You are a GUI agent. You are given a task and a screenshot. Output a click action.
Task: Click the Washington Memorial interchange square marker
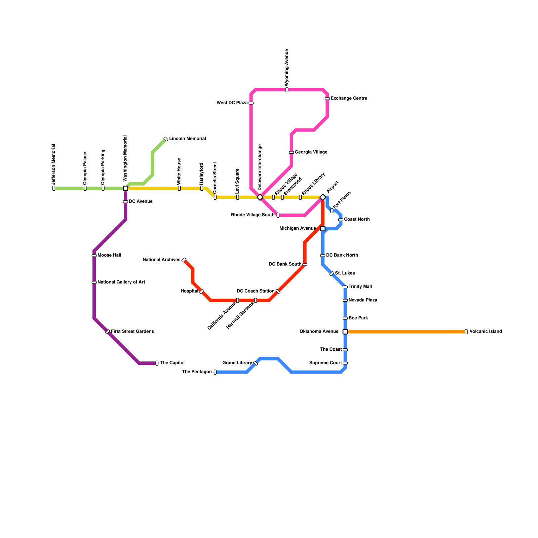[x=125, y=188]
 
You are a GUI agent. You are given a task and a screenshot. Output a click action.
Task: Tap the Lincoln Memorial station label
[x=187, y=139]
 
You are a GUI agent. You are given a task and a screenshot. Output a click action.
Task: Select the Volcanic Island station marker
[x=466, y=332]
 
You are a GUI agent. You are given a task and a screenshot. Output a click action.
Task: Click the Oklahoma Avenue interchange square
[x=345, y=332]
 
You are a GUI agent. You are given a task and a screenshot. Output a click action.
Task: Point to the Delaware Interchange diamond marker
[x=260, y=197]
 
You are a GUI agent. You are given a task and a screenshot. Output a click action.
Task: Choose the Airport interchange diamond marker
[x=323, y=197]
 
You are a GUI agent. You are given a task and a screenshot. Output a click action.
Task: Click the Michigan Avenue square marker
[x=323, y=229]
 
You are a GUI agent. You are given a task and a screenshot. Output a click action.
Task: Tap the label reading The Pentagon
[x=197, y=372]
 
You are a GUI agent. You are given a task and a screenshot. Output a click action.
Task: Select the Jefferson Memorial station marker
[x=54, y=188]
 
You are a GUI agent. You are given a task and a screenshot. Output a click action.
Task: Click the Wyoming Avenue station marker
[x=287, y=90]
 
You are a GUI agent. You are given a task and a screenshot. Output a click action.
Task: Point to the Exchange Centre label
[x=349, y=99]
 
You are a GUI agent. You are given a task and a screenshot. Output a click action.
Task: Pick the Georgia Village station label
[x=311, y=152]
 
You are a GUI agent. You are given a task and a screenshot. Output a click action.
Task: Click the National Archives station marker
[x=184, y=260]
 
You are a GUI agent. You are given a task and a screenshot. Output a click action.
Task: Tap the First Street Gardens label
[x=132, y=332]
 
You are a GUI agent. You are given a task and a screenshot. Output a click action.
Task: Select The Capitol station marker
[x=157, y=363]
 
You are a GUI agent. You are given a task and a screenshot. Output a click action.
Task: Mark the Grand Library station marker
[x=256, y=363]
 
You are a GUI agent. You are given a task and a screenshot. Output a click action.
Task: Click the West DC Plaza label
[x=232, y=103]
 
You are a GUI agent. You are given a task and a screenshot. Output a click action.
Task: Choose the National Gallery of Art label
[x=121, y=282]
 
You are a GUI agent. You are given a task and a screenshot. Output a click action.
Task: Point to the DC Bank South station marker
[x=305, y=265]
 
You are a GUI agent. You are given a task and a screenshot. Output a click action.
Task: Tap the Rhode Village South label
[x=253, y=215]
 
